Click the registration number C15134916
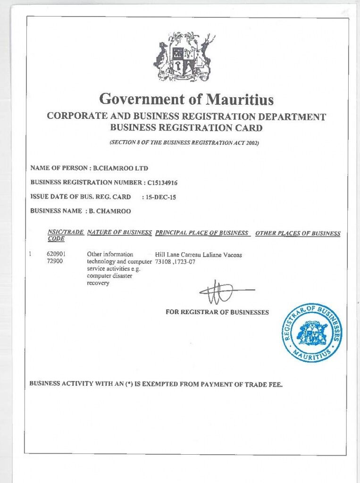[x=162, y=183]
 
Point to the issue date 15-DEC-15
[x=162, y=198]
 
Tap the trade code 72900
[x=55, y=261]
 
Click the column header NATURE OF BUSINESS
[x=120, y=233]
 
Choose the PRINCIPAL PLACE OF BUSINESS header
[x=201, y=233]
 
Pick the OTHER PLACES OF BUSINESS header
[x=298, y=233]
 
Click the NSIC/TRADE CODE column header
[x=66, y=236]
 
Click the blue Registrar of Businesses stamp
[x=312, y=333]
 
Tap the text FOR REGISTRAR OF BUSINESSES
[x=217, y=312]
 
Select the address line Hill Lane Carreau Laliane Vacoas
[x=198, y=255]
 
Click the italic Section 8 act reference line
[x=184, y=142]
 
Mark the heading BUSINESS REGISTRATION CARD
[x=186, y=127]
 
